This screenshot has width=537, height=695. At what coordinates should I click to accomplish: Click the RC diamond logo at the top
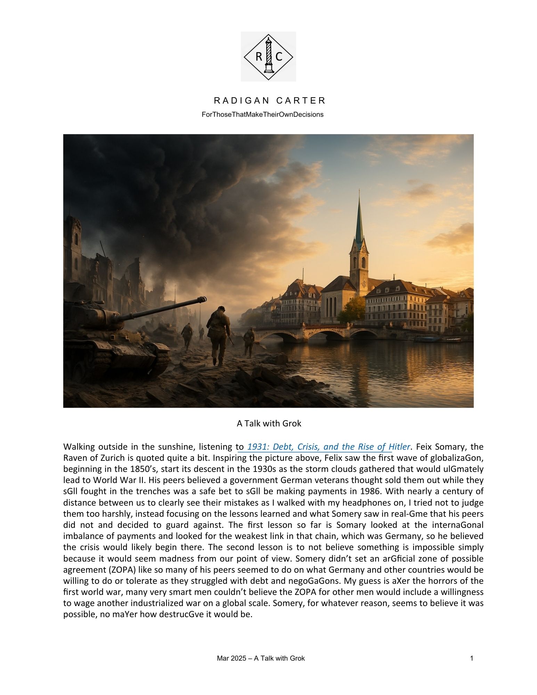coord(268,57)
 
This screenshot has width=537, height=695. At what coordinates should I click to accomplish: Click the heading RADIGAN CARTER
coord(270,101)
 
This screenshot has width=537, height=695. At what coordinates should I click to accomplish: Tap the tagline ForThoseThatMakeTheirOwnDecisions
coord(262,114)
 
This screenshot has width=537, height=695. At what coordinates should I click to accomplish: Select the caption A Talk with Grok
coord(269,423)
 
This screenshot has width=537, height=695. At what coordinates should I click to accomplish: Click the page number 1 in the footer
coord(471,658)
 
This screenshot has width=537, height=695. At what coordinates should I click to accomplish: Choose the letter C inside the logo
coord(279,57)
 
